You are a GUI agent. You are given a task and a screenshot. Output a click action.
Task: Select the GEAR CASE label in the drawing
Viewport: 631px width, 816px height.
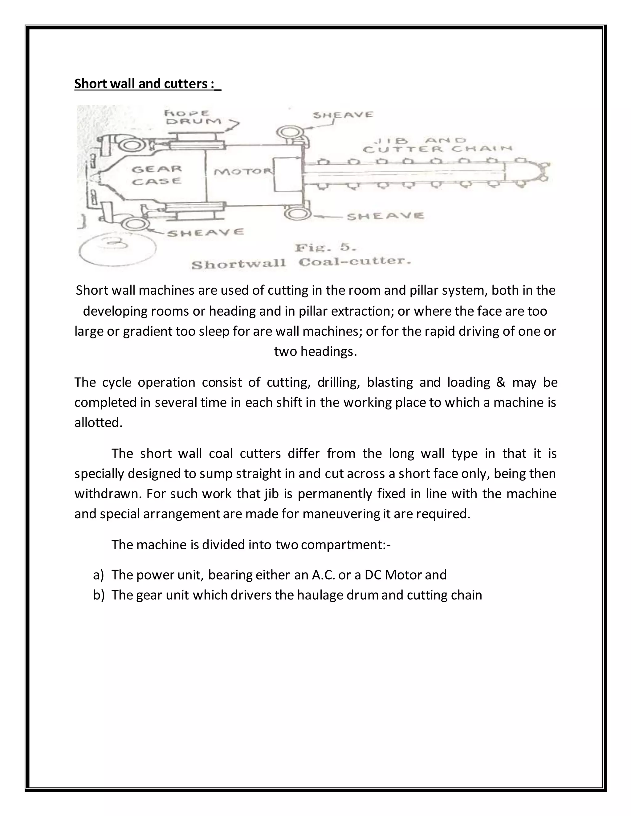point(157,175)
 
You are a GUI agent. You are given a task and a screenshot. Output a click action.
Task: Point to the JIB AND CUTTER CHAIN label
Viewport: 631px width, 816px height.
point(437,145)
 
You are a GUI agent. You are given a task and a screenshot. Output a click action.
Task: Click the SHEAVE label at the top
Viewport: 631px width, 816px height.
point(343,115)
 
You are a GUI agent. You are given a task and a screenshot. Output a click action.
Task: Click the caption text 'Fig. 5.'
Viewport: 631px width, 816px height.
point(325,248)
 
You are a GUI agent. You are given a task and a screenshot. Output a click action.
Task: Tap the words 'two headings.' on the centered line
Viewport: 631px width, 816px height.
point(315,352)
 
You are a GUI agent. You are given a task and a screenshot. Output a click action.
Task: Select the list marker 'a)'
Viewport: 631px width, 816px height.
point(98,575)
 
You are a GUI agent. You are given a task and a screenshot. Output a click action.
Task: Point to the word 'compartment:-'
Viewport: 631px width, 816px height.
point(345,545)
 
